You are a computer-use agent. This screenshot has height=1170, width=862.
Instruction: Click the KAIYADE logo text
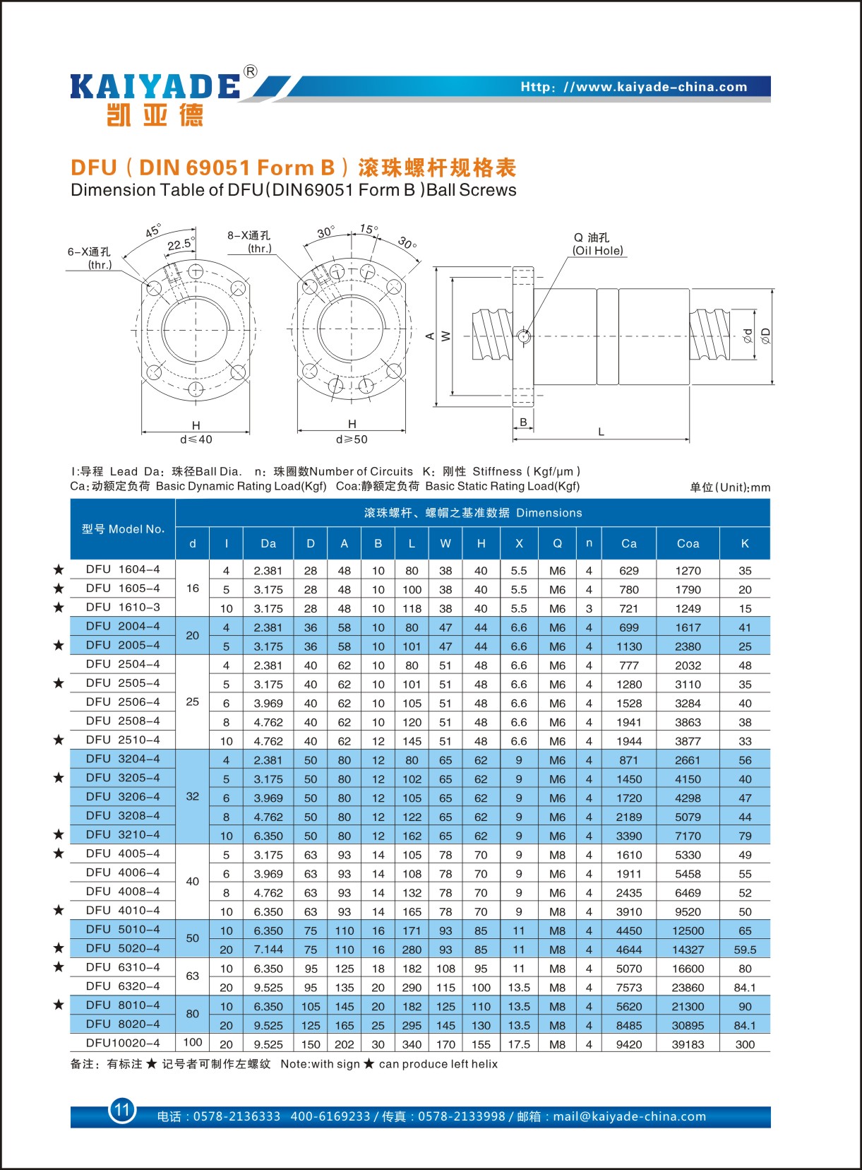point(155,87)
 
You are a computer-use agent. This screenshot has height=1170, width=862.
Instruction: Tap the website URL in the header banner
point(633,87)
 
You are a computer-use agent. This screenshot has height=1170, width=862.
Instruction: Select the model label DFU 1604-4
point(123,569)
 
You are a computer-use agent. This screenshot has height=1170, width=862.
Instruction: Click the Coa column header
point(688,543)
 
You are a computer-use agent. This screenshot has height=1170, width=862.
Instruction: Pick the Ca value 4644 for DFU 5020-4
point(628,950)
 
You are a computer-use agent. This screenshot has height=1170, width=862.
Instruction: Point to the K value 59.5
point(745,950)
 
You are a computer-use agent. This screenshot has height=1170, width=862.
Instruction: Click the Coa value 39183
point(688,1044)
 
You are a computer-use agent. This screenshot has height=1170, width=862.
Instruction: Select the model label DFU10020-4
point(123,1043)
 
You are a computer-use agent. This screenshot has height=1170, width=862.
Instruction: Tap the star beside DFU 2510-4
point(59,740)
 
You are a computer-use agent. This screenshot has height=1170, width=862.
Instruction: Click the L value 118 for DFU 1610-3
point(412,608)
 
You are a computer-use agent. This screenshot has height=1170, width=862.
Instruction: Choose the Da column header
point(268,543)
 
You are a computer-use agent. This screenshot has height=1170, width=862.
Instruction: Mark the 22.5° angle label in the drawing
point(181,244)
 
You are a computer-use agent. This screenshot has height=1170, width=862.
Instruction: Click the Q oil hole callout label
point(597,244)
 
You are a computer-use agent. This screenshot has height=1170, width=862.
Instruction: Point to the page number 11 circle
point(122,1109)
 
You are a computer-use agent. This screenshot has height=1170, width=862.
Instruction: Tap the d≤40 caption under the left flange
point(196,439)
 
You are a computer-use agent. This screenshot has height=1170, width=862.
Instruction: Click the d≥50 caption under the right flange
point(352,439)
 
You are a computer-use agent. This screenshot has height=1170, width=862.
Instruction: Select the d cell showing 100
point(193,1042)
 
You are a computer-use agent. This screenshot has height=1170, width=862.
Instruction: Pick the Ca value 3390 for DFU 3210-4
point(628,836)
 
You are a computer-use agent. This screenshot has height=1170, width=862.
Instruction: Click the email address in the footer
point(629,1116)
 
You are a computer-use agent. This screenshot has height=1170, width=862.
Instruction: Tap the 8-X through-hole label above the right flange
point(249,242)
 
